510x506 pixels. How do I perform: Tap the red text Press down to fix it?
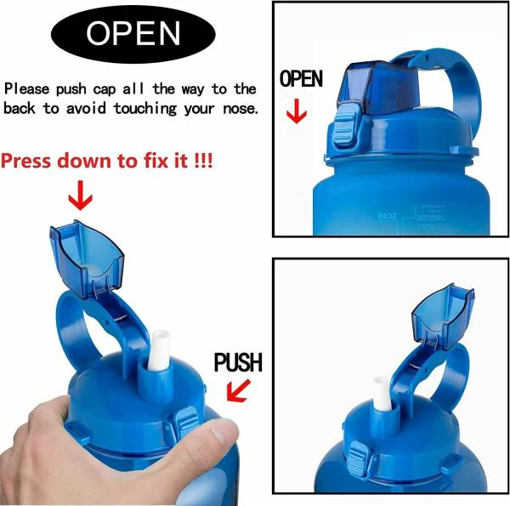(x=106, y=161)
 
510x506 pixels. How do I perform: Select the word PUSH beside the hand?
(x=238, y=363)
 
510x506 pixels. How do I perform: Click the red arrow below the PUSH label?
(x=240, y=391)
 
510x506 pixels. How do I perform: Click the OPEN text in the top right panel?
(x=302, y=80)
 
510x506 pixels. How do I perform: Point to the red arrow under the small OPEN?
(x=296, y=112)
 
